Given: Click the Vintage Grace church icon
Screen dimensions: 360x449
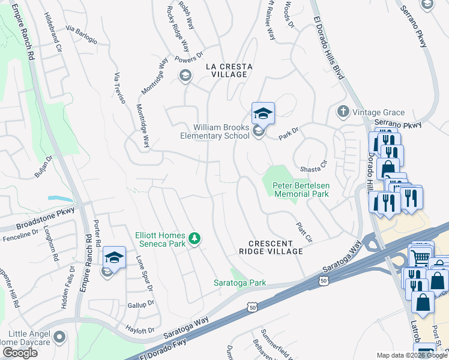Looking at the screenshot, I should pyautogui.click(x=343, y=112).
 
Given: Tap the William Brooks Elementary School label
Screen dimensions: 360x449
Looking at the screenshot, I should pyautogui.click(x=215, y=131).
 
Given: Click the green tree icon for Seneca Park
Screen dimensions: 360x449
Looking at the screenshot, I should pyautogui.click(x=194, y=239).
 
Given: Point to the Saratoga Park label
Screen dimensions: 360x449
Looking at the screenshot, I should pyautogui.click(x=240, y=283).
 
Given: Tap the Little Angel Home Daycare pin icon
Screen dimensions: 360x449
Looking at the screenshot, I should pyautogui.click(x=59, y=337).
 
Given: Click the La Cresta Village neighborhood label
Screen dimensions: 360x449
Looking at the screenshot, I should pyautogui.click(x=227, y=70).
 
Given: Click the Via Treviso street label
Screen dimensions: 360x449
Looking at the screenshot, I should pyautogui.click(x=119, y=88).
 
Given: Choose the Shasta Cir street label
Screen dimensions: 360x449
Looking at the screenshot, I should pyautogui.click(x=316, y=161).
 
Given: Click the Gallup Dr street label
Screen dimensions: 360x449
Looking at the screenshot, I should pyautogui.click(x=141, y=305).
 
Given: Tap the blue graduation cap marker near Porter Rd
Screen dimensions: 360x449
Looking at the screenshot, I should pyautogui.click(x=114, y=257).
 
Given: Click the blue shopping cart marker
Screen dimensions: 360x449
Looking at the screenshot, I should pyautogui.click(x=420, y=257).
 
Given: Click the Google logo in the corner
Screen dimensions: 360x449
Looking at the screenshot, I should pyautogui.click(x=20, y=353).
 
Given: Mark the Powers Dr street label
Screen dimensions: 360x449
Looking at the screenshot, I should pyautogui.click(x=190, y=59).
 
